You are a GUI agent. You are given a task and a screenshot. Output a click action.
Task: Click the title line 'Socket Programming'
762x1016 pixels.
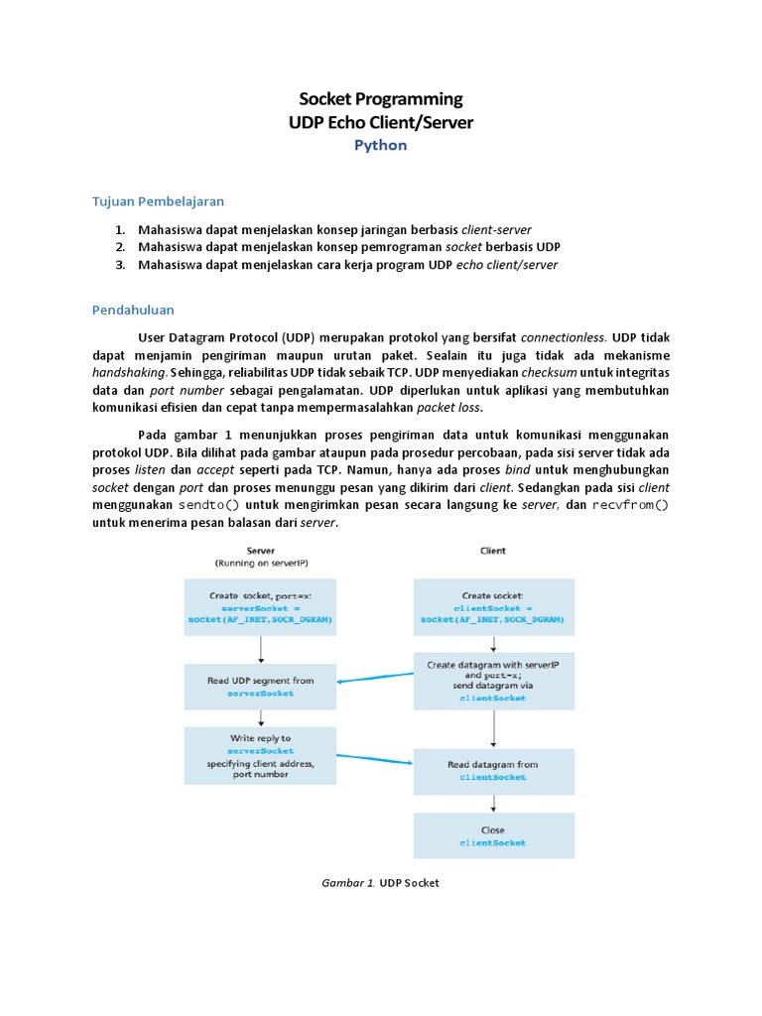[381, 98]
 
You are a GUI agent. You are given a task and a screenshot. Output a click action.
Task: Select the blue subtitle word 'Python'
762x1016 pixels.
[381, 145]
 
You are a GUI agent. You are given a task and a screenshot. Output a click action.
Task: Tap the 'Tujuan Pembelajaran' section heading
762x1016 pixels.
[159, 201]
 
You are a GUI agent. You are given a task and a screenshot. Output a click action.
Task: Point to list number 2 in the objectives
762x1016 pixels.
[120, 247]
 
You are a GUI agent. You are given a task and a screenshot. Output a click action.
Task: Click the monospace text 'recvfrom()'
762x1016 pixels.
[631, 504]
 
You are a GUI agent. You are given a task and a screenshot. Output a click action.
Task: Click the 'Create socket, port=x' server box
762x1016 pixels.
[260, 606]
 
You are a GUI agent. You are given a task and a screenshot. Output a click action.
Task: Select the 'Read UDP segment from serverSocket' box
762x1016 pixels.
[260, 687]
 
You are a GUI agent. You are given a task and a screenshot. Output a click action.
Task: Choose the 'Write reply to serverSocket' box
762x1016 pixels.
[260, 756]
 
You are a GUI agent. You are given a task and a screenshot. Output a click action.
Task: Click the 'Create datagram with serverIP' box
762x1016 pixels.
[493, 681]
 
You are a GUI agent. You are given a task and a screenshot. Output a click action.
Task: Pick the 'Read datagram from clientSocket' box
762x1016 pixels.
[493, 771]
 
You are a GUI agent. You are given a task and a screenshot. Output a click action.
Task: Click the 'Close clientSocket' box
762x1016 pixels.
[493, 835]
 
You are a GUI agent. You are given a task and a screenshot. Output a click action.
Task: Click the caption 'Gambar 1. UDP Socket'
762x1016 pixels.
[381, 882]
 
